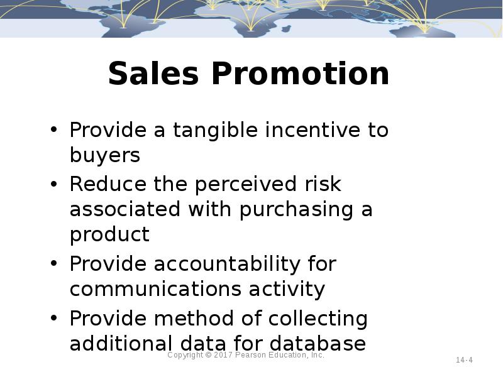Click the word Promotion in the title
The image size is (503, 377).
point(301,74)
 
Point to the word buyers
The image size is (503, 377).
point(104,155)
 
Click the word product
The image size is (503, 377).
point(109,235)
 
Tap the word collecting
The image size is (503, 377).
point(318,319)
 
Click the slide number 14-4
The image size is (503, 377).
point(464,360)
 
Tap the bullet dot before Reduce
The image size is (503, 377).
point(55,185)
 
